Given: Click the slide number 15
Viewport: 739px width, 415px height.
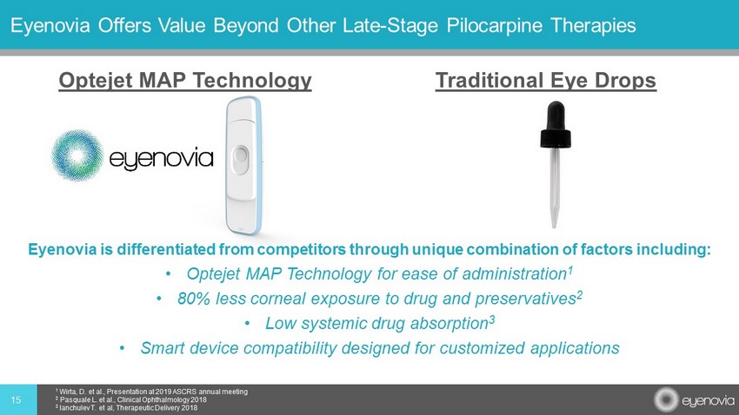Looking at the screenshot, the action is click(x=16, y=400).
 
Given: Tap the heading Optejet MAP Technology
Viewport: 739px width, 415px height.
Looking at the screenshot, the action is click(x=184, y=81).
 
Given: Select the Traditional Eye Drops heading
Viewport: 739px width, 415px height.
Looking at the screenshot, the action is click(x=546, y=81).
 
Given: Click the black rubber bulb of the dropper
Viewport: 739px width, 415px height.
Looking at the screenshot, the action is click(x=556, y=124).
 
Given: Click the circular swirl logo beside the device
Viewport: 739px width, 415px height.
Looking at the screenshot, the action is click(x=77, y=155).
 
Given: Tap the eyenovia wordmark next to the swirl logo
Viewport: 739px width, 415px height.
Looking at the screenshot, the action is click(x=161, y=159).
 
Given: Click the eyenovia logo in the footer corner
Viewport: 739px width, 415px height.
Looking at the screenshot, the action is click(x=694, y=400).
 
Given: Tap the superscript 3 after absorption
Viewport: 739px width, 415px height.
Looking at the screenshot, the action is click(x=491, y=319).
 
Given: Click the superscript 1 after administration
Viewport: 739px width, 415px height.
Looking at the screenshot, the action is click(x=569, y=270).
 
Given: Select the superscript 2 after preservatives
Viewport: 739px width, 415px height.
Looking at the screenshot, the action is click(x=580, y=294).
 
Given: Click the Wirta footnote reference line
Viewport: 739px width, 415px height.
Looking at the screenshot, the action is click(x=151, y=392).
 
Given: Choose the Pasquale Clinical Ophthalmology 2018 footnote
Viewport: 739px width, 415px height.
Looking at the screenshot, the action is click(x=131, y=400).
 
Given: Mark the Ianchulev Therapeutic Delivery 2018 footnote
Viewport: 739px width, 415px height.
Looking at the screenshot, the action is click(x=126, y=408).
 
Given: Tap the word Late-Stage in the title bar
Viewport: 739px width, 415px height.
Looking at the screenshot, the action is click(x=390, y=25).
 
